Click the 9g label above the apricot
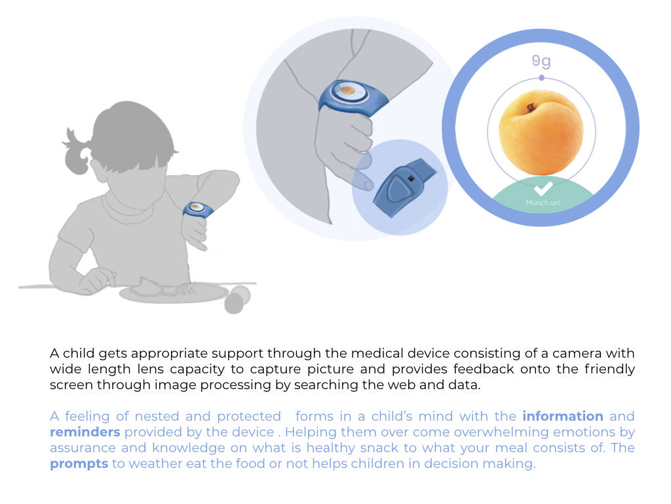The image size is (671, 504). click(x=541, y=61)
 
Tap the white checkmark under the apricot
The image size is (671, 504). click(x=543, y=188)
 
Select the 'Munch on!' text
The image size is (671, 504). click(x=543, y=203)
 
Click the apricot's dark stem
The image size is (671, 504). click(x=531, y=107)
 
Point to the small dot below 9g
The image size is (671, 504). click(x=542, y=77)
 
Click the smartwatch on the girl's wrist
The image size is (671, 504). click(x=198, y=209)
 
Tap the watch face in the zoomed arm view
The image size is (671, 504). click(x=350, y=91)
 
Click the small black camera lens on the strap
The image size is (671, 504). click(x=411, y=178)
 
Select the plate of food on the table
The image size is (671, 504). click(x=173, y=292)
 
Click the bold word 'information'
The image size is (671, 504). click(x=563, y=416)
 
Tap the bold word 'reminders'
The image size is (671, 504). click(x=85, y=432)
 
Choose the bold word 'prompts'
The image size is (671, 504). click(x=79, y=464)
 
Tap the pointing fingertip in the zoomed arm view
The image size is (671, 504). click(x=368, y=186)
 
